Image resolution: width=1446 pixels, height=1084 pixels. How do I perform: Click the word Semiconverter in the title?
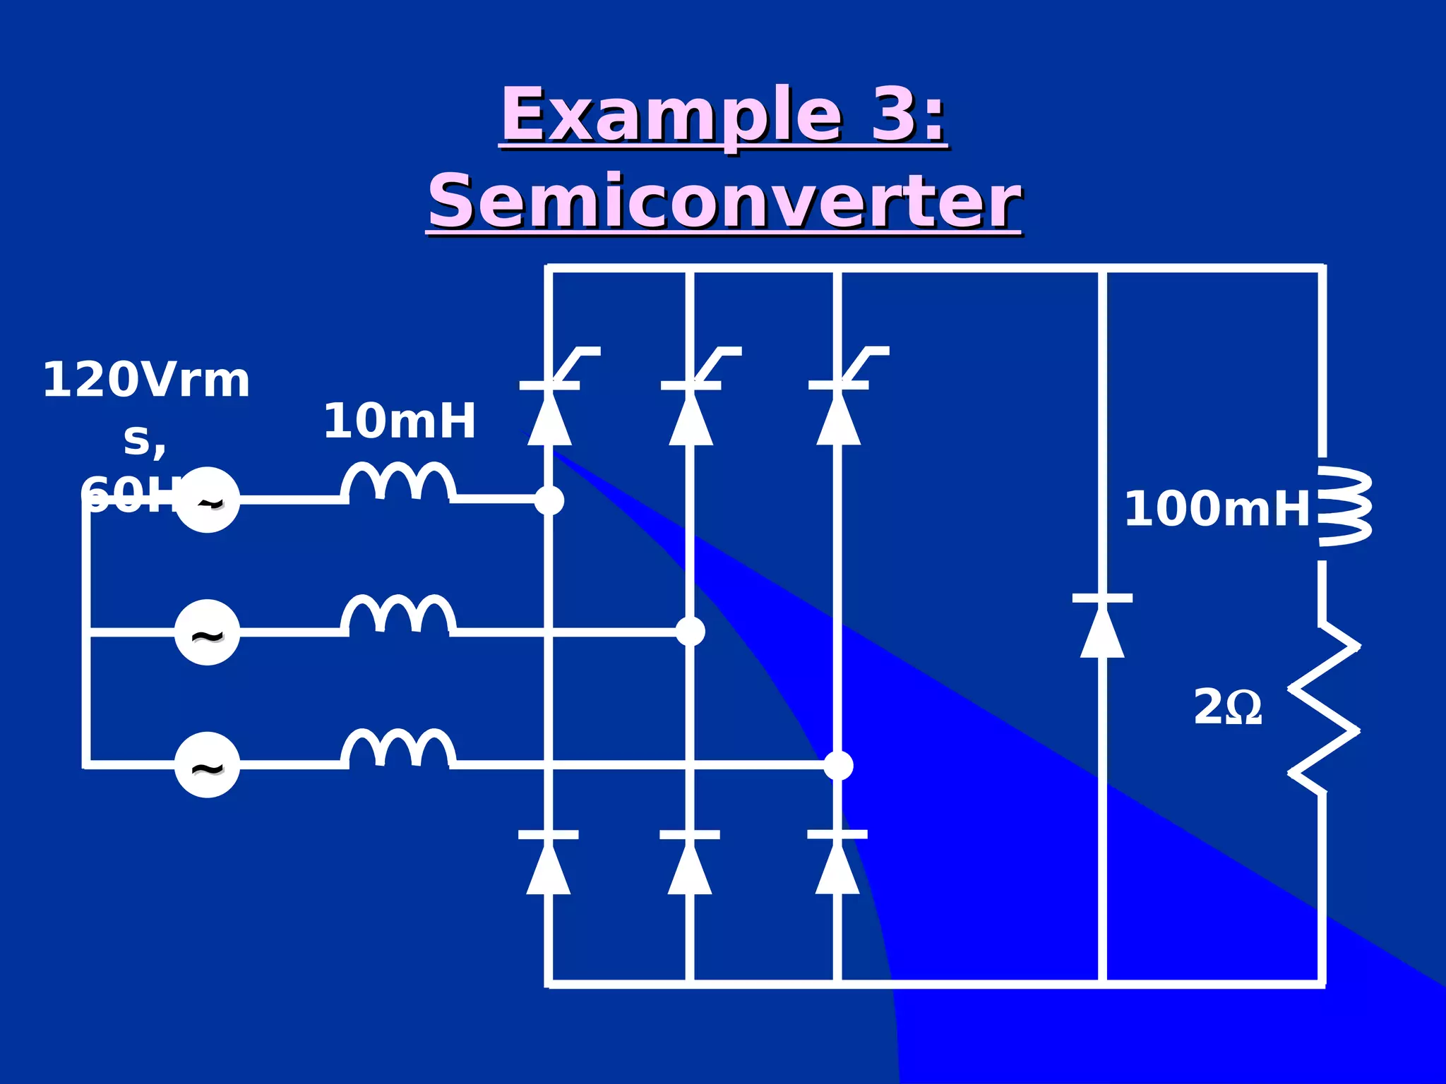pyautogui.click(x=724, y=203)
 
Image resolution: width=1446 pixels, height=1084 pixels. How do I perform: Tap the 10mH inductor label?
pyautogui.click(x=400, y=421)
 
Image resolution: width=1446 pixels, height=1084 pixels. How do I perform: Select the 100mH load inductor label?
pyautogui.click(x=1217, y=509)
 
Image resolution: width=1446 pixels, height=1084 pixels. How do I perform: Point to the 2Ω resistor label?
pyautogui.click(x=1227, y=708)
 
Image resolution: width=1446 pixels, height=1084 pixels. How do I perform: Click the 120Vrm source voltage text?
pyautogui.click(x=146, y=380)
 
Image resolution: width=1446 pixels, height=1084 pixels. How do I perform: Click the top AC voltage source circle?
pyautogui.click(x=207, y=500)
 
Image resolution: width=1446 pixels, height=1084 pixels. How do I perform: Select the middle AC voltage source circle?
pyautogui.click(x=207, y=632)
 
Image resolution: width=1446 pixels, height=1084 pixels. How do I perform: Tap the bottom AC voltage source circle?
pyautogui.click(x=207, y=766)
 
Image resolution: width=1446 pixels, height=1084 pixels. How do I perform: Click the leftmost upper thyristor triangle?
pyautogui.click(x=549, y=419)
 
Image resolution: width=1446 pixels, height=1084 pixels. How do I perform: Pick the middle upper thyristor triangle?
pyautogui.click(x=691, y=419)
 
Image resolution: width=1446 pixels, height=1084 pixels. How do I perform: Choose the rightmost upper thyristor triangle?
pyautogui.click(x=838, y=419)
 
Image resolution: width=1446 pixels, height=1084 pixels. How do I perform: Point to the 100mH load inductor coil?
pyautogui.click(x=1342, y=507)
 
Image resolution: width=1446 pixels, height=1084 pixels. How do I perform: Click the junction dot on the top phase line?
pyautogui.click(x=549, y=500)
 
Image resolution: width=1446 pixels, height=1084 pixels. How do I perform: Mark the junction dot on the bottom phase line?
pyautogui.click(x=838, y=766)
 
